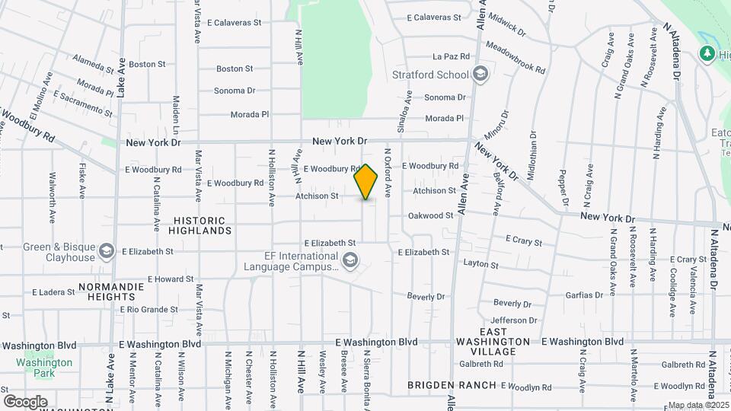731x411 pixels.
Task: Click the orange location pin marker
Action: (366, 181)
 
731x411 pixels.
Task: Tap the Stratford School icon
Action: (480, 74)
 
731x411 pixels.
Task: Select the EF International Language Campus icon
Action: (350, 261)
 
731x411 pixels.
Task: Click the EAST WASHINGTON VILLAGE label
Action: (493, 342)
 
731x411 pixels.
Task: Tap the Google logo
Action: (25, 401)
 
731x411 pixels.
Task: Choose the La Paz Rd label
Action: (448, 56)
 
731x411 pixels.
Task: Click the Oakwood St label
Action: (430, 215)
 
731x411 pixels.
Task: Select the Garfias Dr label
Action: (585, 295)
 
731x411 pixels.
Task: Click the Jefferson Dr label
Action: (514, 320)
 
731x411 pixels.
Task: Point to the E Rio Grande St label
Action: (149, 310)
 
